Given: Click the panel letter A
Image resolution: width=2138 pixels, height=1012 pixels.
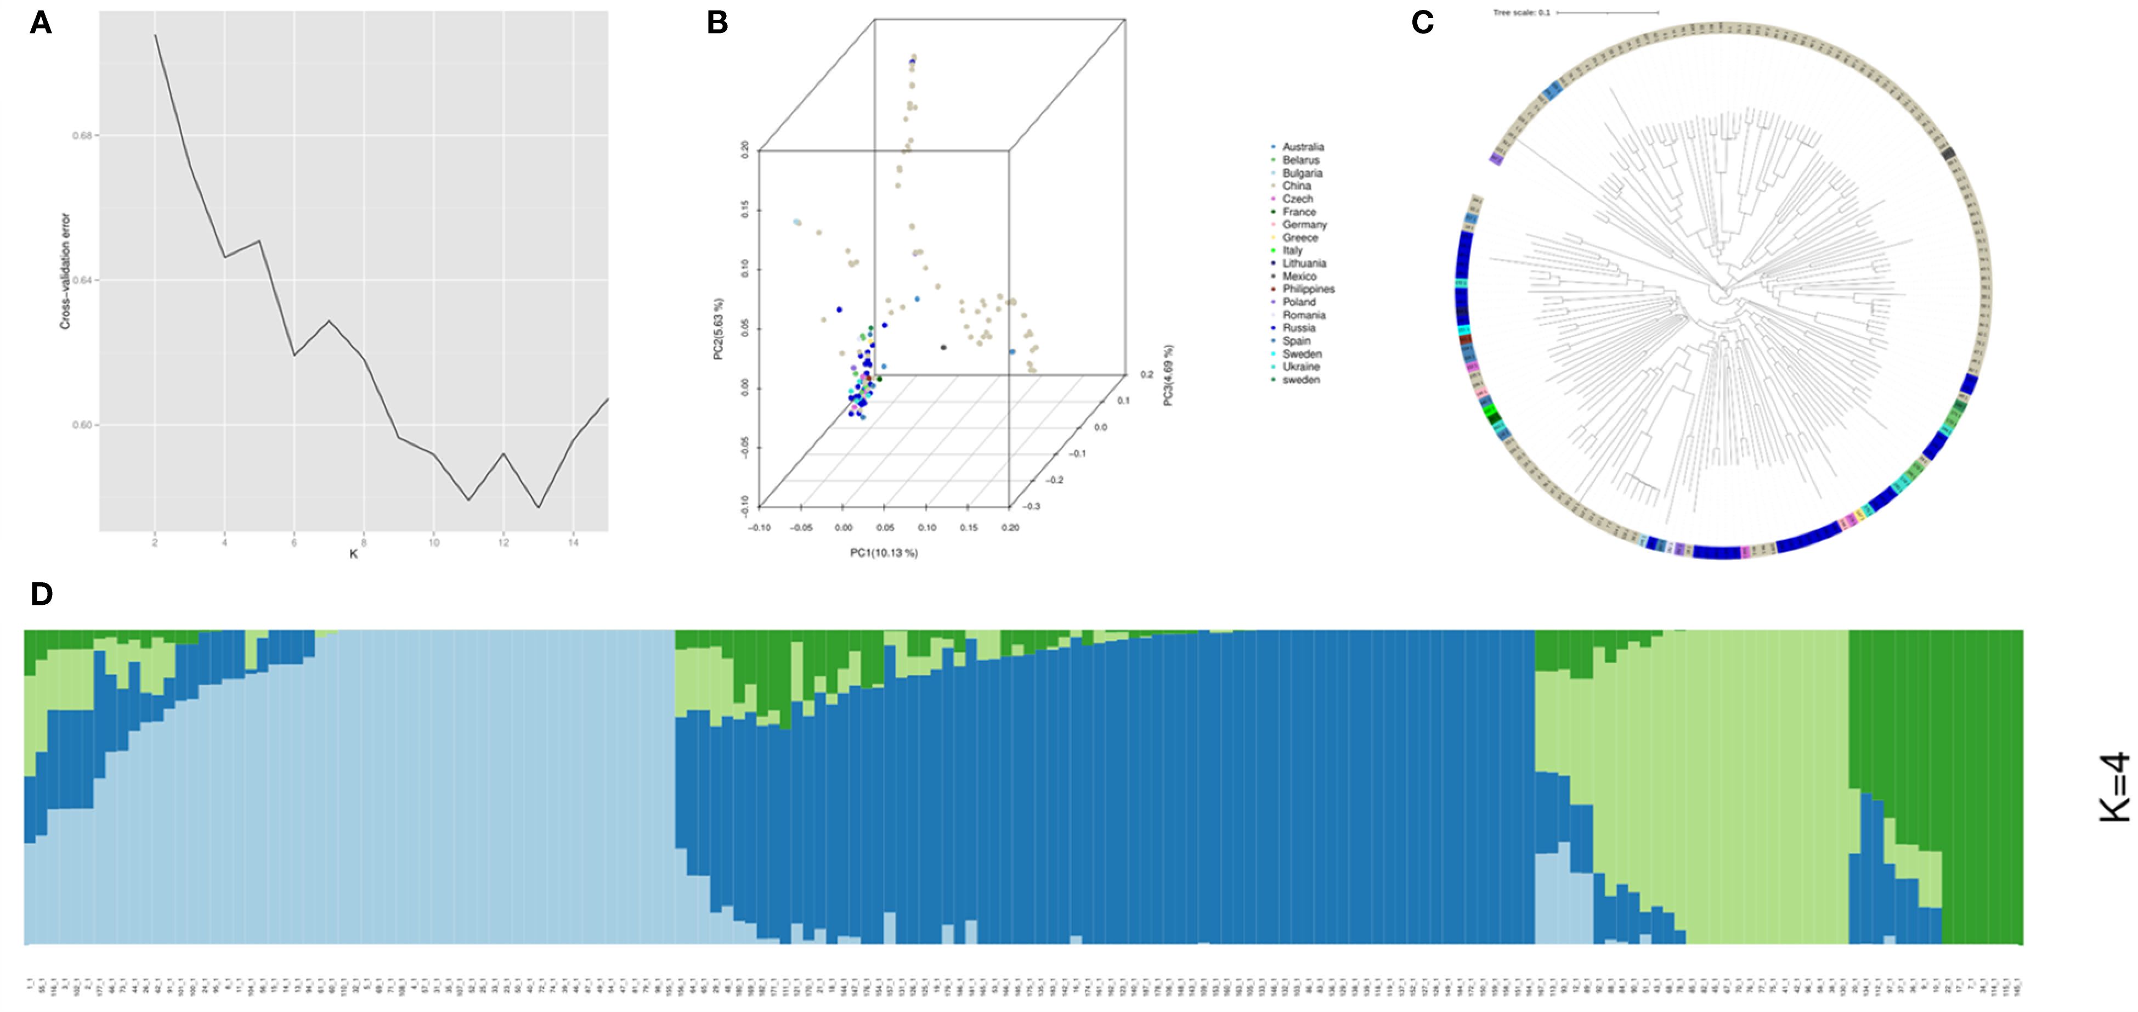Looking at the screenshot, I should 41,23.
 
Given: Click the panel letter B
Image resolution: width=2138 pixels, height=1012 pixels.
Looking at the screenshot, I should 717,23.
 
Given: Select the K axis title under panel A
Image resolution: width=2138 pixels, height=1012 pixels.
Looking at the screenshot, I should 354,554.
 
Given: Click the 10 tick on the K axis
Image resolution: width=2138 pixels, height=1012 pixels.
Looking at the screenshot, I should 433,543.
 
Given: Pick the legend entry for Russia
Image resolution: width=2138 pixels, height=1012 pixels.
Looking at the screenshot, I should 1299,328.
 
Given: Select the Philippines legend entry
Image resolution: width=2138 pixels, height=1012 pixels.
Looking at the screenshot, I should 1308,289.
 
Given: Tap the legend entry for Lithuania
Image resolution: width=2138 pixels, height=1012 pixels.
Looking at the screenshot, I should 1304,263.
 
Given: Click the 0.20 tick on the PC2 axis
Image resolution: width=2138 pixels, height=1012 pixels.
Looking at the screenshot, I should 744,150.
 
